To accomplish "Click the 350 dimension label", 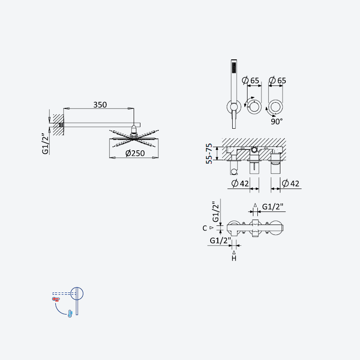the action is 100,105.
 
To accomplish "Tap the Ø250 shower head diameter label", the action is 135,153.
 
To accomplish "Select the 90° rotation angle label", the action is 276,121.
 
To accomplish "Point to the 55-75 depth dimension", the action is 209,153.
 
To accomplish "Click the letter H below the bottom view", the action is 234,258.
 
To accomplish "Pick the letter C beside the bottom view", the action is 205,228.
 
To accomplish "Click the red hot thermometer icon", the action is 56,299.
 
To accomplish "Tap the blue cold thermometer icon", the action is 70,314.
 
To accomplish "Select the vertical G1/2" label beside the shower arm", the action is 45,144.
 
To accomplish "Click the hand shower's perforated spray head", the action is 234,67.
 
